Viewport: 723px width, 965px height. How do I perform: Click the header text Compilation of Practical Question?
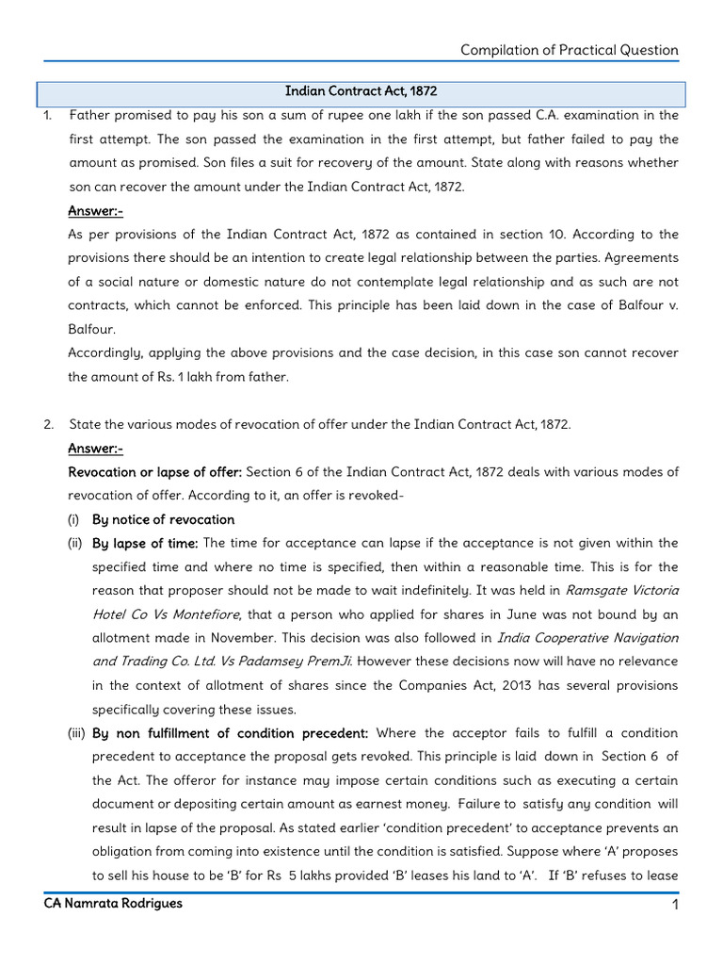pos(569,50)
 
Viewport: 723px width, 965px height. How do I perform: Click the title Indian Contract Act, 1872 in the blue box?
pos(361,91)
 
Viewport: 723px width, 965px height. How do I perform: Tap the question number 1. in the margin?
pos(48,115)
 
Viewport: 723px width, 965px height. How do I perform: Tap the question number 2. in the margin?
pos(48,424)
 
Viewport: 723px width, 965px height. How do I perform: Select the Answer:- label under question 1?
pos(95,210)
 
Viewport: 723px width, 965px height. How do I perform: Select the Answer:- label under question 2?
pos(95,448)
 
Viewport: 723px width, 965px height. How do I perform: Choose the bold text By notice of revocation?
pos(163,519)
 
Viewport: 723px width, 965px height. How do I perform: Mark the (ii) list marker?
pos(74,543)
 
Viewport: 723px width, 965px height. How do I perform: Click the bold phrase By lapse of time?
pos(144,543)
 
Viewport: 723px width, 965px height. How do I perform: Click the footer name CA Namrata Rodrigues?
pos(113,904)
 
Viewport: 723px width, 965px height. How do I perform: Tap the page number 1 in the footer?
pos(675,905)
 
